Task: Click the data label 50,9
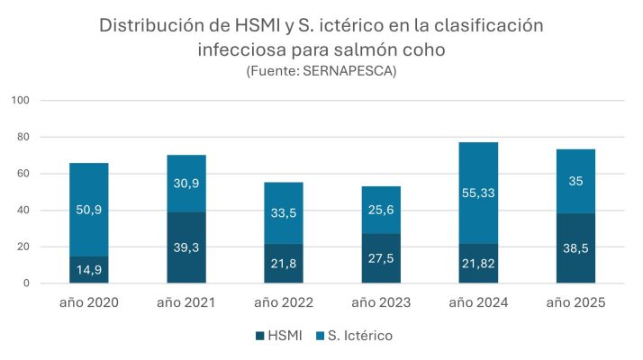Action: coord(89,210)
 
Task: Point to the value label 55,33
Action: coord(478,192)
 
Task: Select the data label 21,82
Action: coord(478,264)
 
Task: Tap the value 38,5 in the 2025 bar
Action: coord(575,248)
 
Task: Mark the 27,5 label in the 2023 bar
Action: coord(381,258)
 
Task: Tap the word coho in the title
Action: coord(421,49)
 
